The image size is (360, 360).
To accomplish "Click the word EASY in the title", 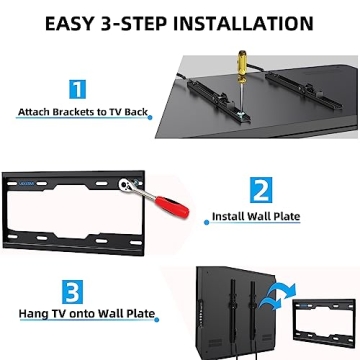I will [72, 21].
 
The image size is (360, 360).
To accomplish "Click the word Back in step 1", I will [133, 113].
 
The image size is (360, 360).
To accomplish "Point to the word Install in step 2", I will [227, 215].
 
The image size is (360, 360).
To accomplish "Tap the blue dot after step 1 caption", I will [151, 115].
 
